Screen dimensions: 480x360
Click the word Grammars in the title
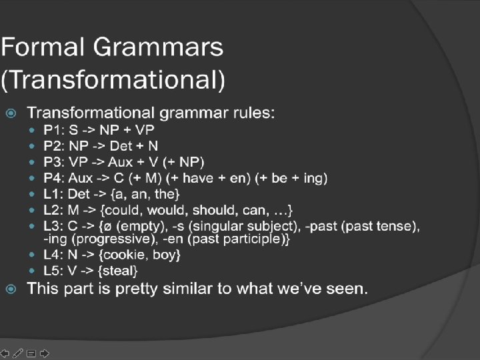(x=158, y=47)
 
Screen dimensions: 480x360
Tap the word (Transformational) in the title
(x=113, y=79)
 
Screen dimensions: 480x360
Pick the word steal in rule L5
(x=118, y=271)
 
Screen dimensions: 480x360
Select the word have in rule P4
(x=198, y=178)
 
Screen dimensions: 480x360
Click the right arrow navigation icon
(x=45, y=353)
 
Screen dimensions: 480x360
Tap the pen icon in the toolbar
(x=18, y=353)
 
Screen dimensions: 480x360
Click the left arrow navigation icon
(x=5, y=353)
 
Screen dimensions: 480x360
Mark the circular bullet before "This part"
(x=11, y=289)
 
